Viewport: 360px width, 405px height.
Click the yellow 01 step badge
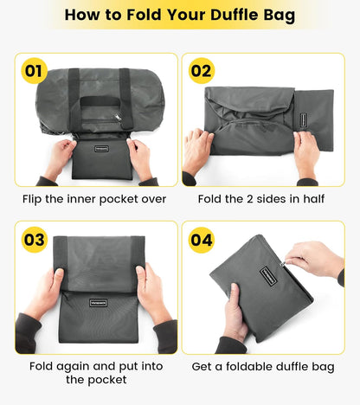(x=35, y=71)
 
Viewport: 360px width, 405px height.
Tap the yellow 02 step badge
(x=202, y=71)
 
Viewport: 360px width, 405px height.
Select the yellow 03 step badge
(x=35, y=239)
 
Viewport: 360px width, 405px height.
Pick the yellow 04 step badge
(x=202, y=239)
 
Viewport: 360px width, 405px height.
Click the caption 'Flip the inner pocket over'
(x=93, y=198)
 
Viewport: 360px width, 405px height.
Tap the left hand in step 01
(x=59, y=158)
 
